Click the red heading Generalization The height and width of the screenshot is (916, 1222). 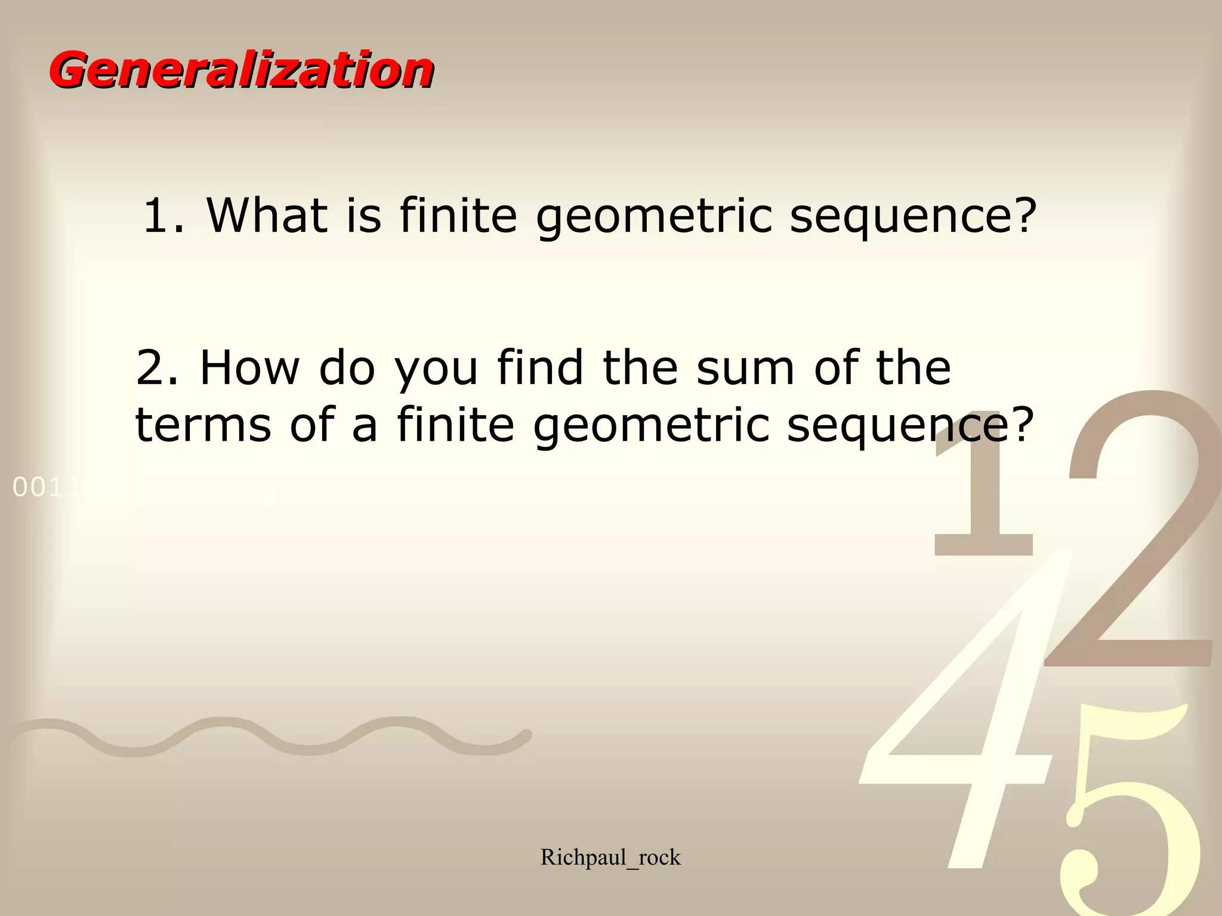pos(242,70)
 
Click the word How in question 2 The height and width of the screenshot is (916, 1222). pos(249,367)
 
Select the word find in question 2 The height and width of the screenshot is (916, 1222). pos(540,367)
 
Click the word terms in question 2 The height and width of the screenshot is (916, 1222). pos(203,425)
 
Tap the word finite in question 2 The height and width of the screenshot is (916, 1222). pos(455,425)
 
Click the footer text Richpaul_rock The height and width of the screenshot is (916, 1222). pos(610,858)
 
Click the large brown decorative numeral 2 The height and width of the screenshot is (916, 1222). pos(1134,537)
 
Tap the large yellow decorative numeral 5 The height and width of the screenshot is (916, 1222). pos(1128,823)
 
